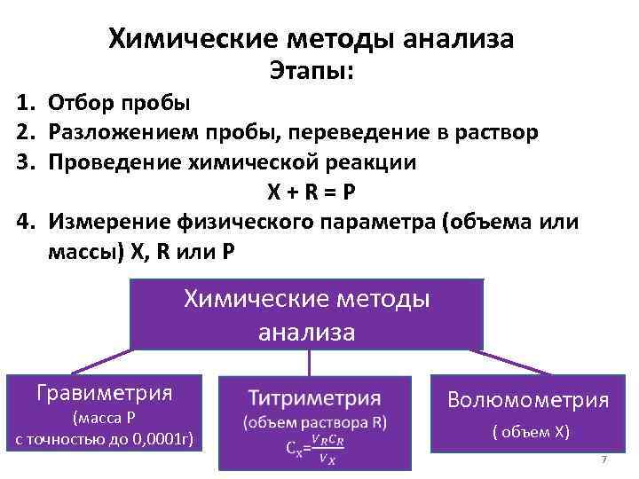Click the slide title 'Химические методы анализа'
[311, 38]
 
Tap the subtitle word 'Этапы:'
[311, 71]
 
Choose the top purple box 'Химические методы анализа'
[307, 315]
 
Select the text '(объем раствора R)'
[315, 422]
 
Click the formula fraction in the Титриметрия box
[327, 446]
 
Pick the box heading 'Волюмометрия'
[528, 400]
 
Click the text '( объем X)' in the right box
[531, 433]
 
